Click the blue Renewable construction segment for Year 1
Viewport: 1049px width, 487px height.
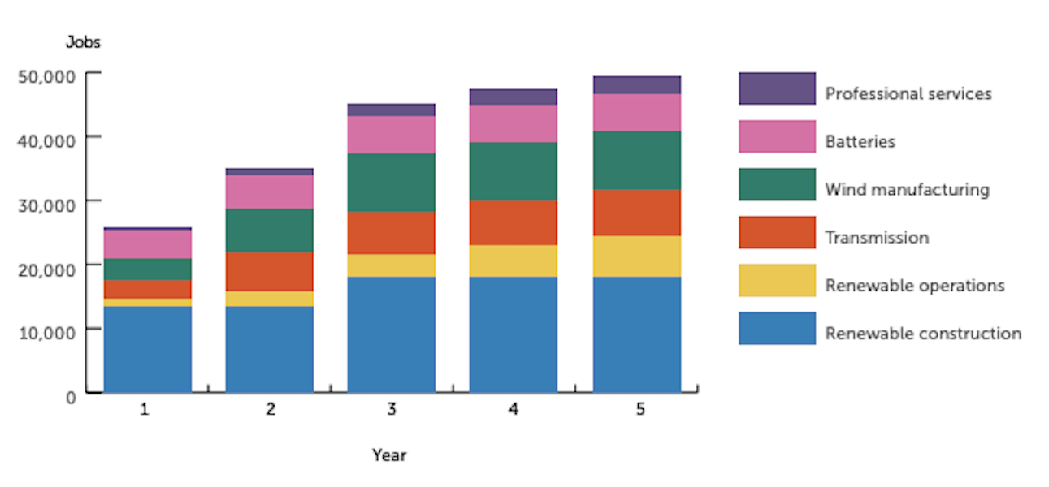[x=148, y=349]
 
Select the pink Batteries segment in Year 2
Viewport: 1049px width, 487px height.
[x=269, y=192]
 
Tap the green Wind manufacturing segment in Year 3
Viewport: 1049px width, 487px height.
[x=391, y=183]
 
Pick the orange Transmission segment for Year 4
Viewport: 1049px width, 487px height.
[x=513, y=222]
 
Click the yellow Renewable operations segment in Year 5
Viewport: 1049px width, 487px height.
[x=636, y=256]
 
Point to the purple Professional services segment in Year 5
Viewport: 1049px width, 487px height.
[x=636, y=84]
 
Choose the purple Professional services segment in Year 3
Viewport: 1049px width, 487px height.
[x=391, y=110]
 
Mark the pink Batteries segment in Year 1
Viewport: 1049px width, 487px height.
[x=148, y=244]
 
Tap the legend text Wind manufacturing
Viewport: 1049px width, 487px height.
[x=907, y=190]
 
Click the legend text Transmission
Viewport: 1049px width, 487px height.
[x=877, y=238]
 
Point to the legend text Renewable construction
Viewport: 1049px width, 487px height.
[x=923, y=334]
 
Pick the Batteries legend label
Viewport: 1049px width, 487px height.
[x=860, y=142]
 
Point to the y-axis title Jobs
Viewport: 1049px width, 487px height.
[x=83, y=42]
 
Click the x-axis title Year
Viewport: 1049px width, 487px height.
[x=389, y=455]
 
